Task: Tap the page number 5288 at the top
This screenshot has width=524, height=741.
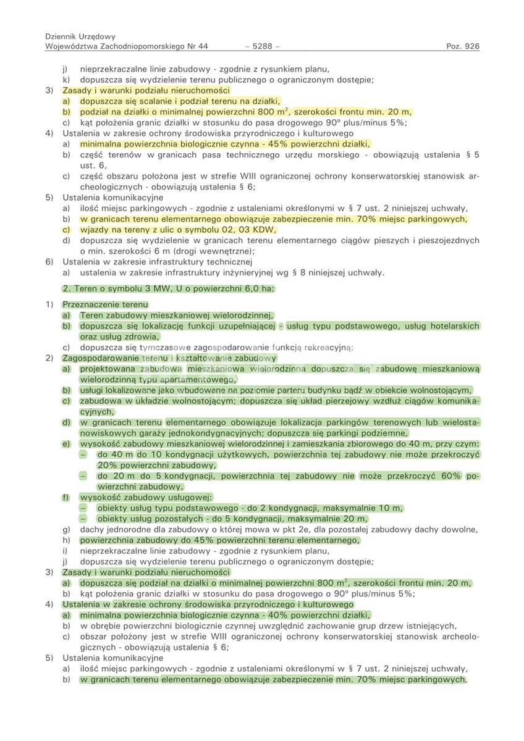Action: [262, 46]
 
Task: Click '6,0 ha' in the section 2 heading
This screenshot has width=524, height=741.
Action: [260, 288]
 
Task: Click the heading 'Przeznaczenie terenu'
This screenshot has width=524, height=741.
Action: [106, 305]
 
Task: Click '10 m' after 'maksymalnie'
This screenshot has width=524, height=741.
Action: [391, 508]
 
